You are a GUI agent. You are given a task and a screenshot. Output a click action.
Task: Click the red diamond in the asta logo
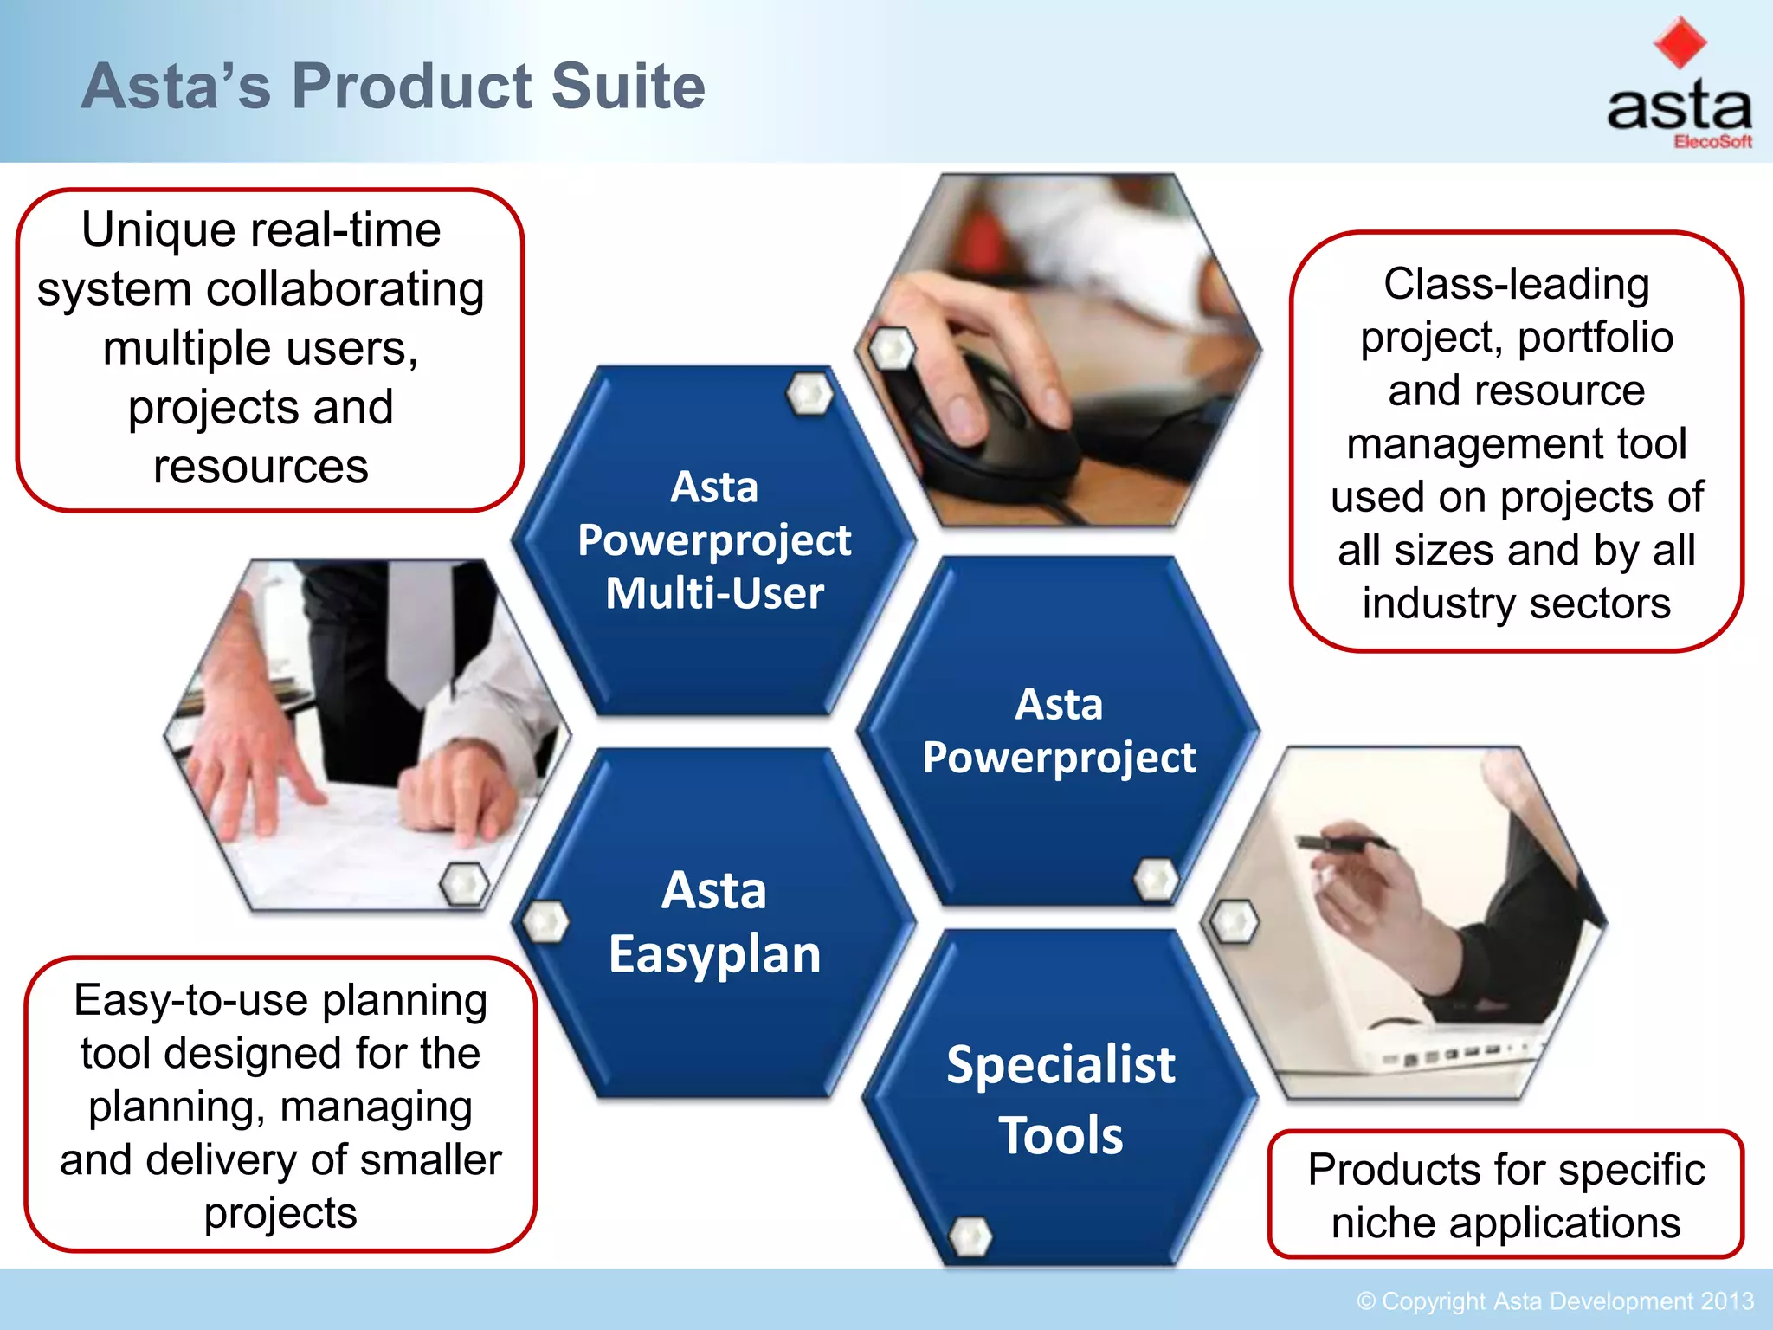point(1680,42)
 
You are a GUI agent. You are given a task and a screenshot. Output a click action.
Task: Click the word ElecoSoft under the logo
point(1712,142)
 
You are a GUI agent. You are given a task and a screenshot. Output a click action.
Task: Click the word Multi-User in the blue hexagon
point(714,594)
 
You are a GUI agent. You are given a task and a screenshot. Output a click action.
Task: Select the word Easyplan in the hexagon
point(714,955)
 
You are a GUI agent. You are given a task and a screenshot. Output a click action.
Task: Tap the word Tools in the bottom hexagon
point(1061,1136)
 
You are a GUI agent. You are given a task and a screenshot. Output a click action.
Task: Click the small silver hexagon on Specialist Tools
point(970,1236)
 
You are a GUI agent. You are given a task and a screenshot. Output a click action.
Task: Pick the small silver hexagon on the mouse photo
point(892,349)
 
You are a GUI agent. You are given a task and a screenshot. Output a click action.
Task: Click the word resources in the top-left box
point(261,467)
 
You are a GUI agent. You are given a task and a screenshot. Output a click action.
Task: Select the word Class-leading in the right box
point(1516,284)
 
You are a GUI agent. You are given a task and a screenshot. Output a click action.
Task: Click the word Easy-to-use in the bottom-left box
point(190,1001)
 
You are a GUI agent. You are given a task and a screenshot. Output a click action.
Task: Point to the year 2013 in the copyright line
point(1726,1301)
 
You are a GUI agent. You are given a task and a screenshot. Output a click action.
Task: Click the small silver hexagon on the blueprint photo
point(464,883)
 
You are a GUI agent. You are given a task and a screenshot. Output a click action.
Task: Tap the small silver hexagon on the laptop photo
point(1235,921)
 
